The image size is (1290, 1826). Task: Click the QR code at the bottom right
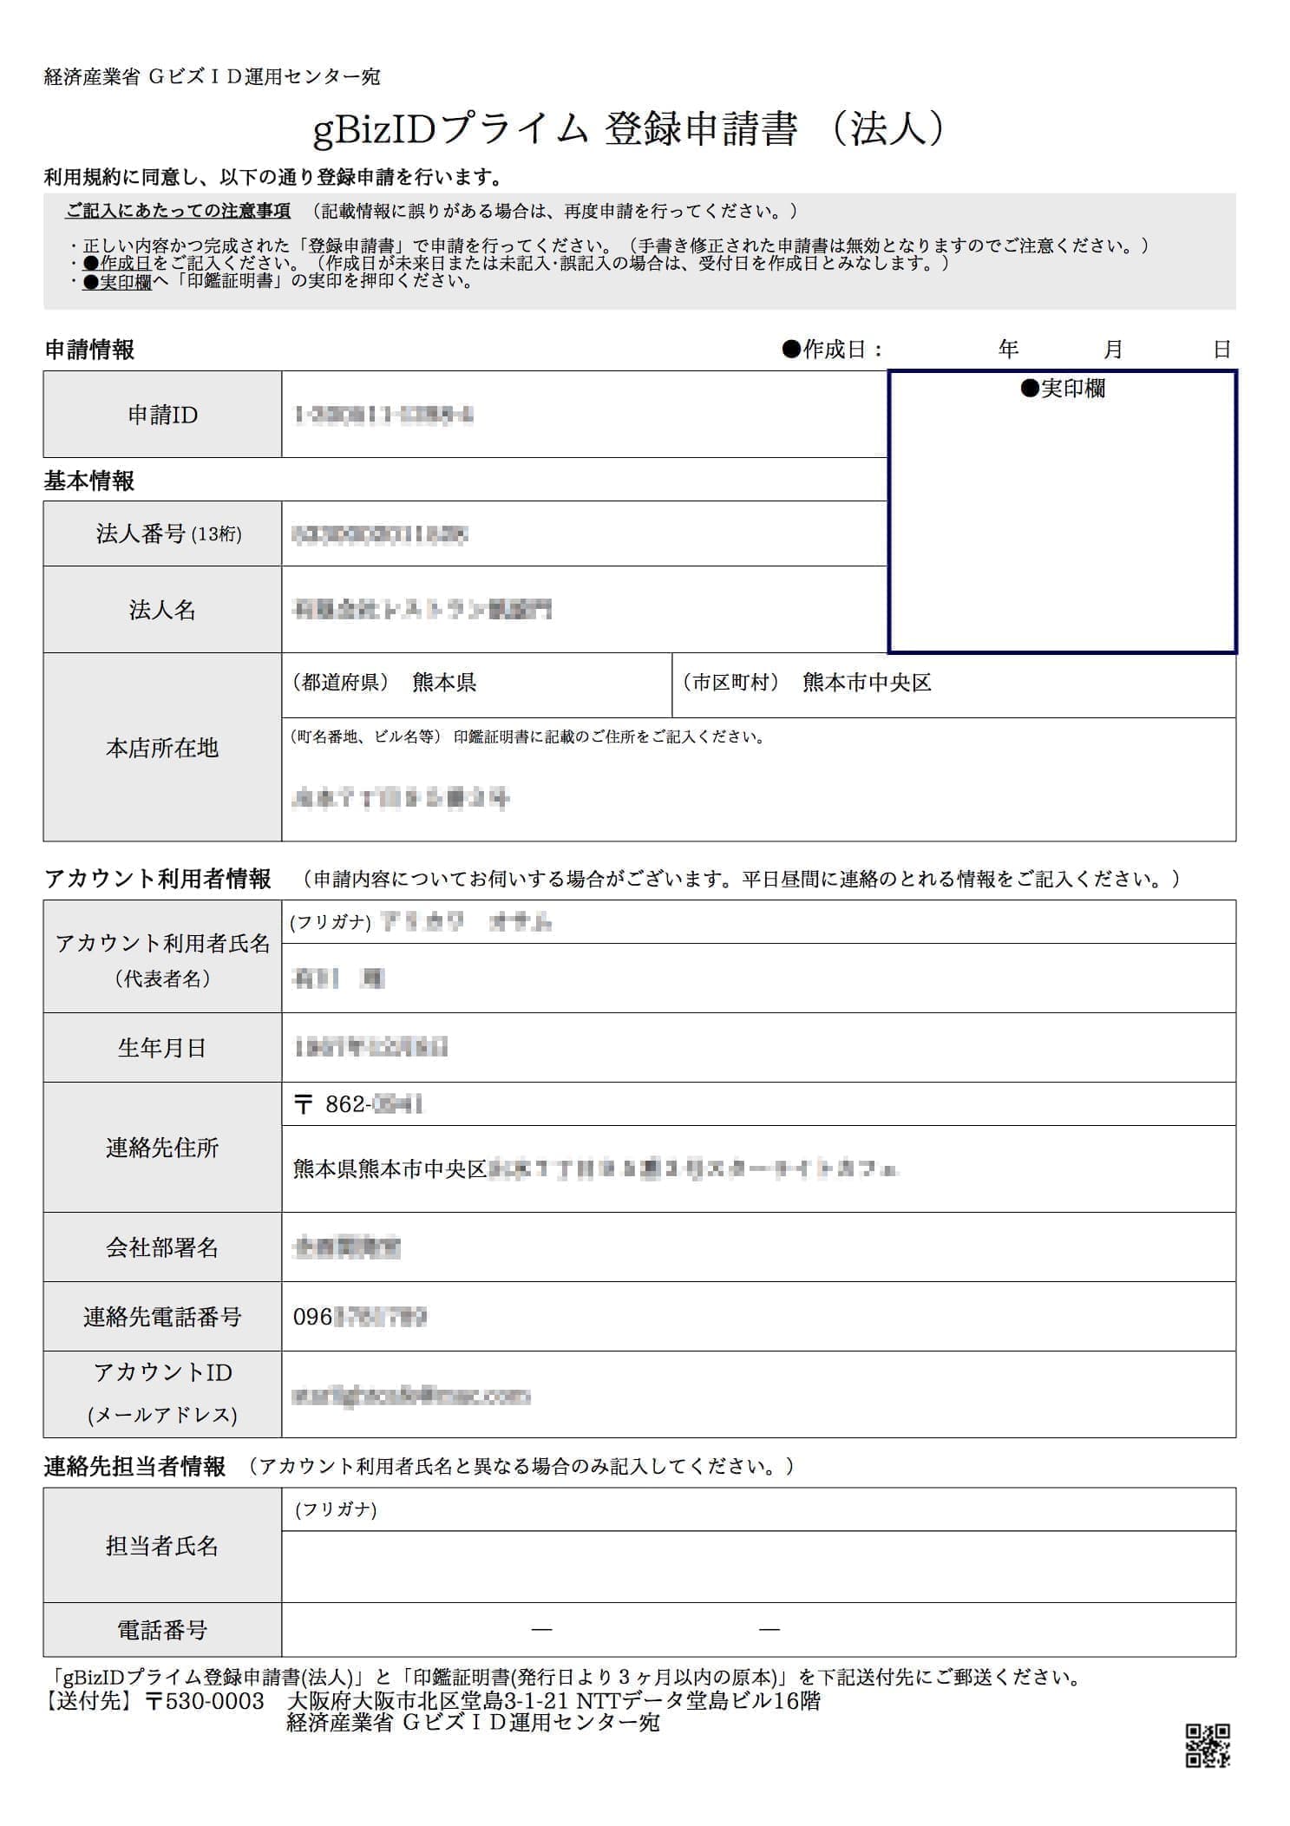[x=1208, y=1744]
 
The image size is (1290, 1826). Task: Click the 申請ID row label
[x=162, y=415]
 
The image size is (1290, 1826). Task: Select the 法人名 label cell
[x=162, y=610]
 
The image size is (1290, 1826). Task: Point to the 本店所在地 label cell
[x=162, y=748]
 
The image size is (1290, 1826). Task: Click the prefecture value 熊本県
[x=444, y=683]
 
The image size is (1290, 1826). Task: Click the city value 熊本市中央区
[x=867, y=683]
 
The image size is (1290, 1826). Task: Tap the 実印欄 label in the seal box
[x=1063, y=389]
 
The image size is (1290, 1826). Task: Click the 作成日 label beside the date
[x=832, y=350]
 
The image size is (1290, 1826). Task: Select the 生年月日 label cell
[x=162, y=1048]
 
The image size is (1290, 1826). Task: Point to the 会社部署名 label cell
[x=162, y=1247]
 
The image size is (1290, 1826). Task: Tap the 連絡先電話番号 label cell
[x=162, y=1317]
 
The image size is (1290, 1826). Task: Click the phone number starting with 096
[x=359, y=1317]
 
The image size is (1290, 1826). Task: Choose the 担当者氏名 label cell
[x=162, y=1545]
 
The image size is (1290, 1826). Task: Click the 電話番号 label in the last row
[x=162, y=1630]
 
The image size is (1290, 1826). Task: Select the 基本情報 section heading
[x=89, y=481]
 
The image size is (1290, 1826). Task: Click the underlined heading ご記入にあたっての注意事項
[x=178, y=211]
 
